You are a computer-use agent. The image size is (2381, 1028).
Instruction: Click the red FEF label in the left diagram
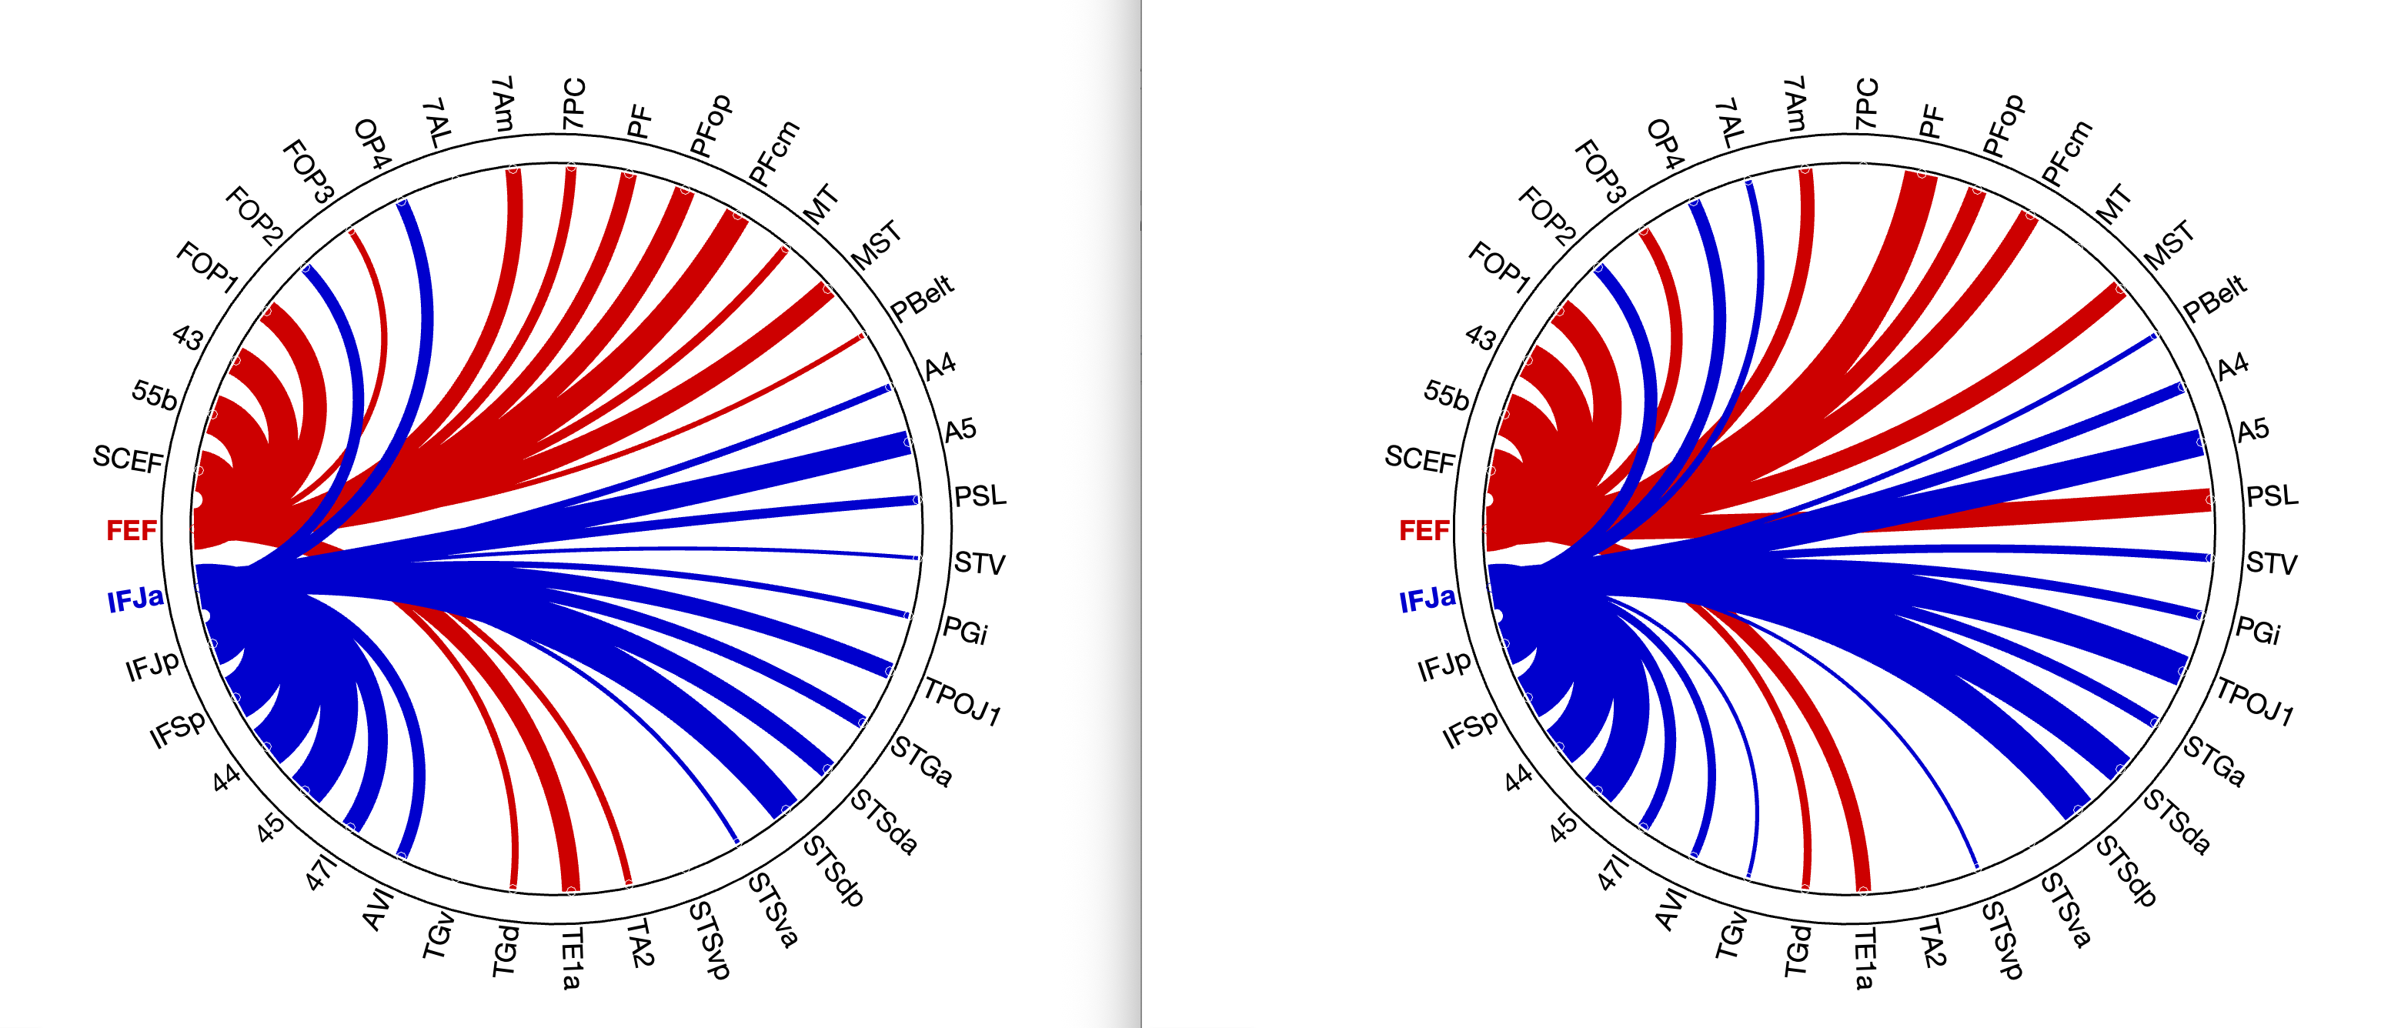click(132, 531)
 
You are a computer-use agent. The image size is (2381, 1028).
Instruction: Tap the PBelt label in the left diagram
click(921, 299)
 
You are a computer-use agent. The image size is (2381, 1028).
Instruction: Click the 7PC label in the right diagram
click(1866, 104)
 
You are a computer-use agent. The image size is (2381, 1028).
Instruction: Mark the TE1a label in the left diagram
click(572, 959)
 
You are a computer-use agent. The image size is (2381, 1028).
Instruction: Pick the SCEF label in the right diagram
click(1420, 459)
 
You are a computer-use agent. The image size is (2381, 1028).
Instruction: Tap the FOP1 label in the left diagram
click(208, 266)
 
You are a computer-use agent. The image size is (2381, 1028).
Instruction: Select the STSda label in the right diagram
click(2177, 822)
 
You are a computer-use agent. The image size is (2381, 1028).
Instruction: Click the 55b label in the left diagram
click(155, 395)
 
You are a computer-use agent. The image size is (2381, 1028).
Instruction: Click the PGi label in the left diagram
click(965, 632)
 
